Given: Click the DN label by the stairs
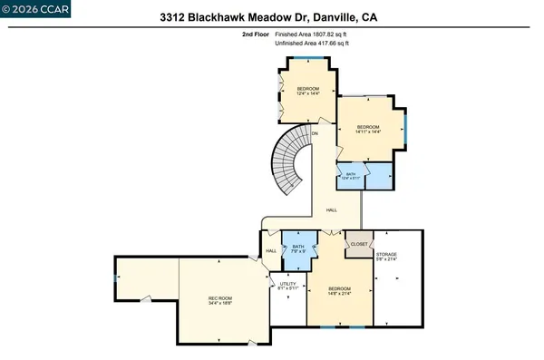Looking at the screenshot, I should click(x=315, y=134).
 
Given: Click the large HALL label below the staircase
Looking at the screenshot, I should click(x=332, y=210).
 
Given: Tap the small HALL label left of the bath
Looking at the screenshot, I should click(x=270, y=251).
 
